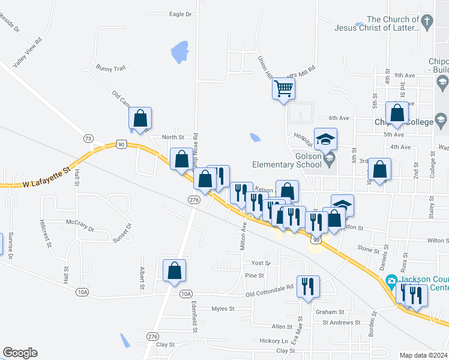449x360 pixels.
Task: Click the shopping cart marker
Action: pyautogui.click(x=283, y=89)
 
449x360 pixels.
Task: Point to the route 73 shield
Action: pyautogui.click(x=89, y=139)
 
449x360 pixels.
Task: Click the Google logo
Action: pyautogui.click(x=20, y=353)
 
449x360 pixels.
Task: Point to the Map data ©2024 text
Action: pyautogui.click(x=423, y=355)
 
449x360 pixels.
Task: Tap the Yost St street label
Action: pyautogui.click(x=261, y=263)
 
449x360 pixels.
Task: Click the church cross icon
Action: pyautogui.click(x=427, y=23)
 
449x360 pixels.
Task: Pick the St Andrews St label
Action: pyautogui.click(x=341, y=323)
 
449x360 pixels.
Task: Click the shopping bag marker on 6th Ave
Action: pyautogui.click(x=397, y=113)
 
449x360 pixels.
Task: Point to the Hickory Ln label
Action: pyautogui.click(x=274, y=340)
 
